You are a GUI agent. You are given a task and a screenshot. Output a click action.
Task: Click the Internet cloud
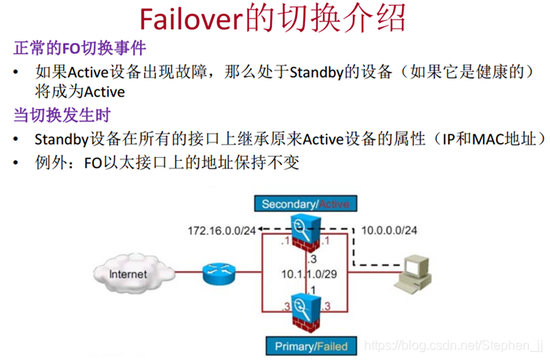pos(129,274)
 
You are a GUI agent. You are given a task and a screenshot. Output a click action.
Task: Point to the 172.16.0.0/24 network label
pos(222,231)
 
